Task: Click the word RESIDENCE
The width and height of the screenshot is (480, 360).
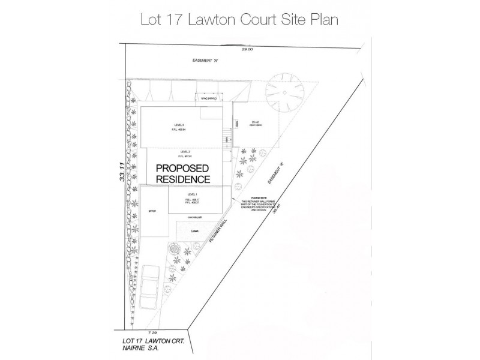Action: tap(182, 179)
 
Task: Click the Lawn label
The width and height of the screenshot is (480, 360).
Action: tap(194, 230)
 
